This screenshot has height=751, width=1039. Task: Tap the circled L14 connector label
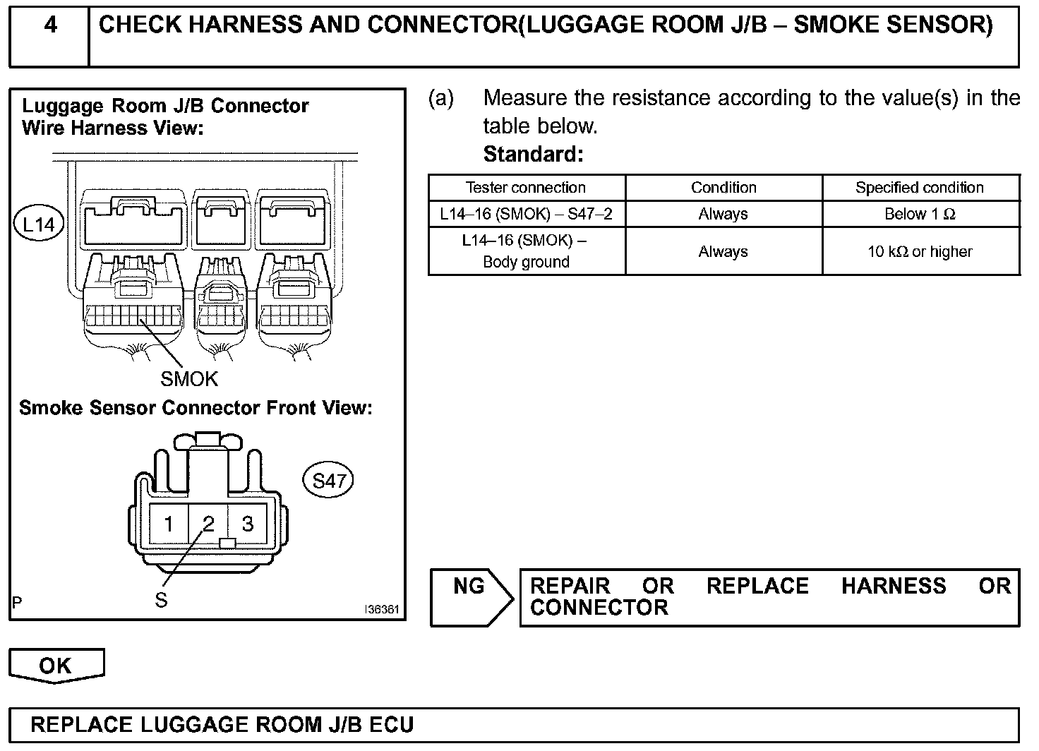click(x=39, y=224)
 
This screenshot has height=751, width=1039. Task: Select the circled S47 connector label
click(x=328, y=481)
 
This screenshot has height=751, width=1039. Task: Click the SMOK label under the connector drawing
click(x=189, y=380)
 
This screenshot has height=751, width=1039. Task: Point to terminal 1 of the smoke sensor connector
click(x=169, y=524)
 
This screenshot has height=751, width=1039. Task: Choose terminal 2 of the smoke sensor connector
click(x=208, y=524)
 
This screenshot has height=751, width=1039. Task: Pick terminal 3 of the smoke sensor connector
click(x=248, y=524)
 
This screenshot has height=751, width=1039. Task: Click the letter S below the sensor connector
click(x=162, y=601)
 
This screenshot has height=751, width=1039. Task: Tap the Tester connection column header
click(x=526, y=188)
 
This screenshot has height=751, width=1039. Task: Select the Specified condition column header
click(x=920, y=188)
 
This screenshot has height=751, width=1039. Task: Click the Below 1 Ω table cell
click(x=920, y=215)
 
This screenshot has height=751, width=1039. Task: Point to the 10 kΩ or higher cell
click(x=920, y=252)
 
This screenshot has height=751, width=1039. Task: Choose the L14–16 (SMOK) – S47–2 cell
click(x=526, y=215)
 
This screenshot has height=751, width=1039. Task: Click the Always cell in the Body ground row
click(x=723, y=252)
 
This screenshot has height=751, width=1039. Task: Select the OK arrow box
click(x=56, y=666)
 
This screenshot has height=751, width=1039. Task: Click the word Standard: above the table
click(x=534, y=154)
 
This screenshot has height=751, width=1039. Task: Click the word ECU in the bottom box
click(x=389, y=725)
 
